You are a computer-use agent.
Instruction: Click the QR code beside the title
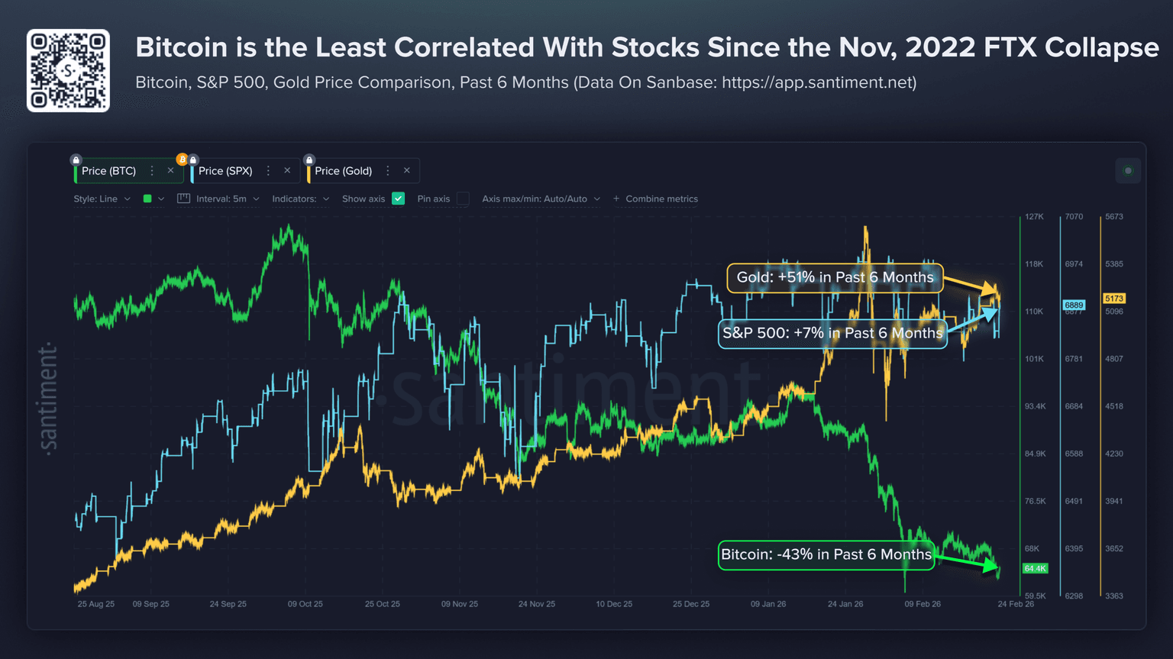coord(68,70)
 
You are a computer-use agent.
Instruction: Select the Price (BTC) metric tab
coord(108,171)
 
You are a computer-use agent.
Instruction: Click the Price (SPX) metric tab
coord(225,171)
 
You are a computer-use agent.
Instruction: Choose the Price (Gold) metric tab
coord(343,171)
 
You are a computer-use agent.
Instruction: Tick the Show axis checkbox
coord(398,199)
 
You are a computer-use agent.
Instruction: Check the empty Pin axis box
coord(463,199)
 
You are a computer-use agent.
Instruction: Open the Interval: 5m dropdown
coord(221,199)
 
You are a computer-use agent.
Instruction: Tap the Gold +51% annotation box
coord(835,278)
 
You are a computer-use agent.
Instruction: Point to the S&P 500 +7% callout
coord(832,334)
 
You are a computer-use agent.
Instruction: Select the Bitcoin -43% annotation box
coord(826,554)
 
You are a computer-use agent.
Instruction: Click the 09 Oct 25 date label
coord(305,604)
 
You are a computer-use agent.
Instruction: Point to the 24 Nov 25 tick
coord(536,604)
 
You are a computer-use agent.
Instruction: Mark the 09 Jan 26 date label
coord(767,604)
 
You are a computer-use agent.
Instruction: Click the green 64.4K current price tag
coord(1035,568)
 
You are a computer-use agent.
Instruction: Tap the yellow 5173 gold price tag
coord(1113,299)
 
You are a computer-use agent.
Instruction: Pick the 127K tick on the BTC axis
coord(1034,217)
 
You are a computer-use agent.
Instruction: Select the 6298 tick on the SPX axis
coord(1074,596)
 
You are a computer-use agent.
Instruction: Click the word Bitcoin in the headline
coord(181,47)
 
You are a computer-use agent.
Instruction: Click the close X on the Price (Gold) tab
coord(407,170)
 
